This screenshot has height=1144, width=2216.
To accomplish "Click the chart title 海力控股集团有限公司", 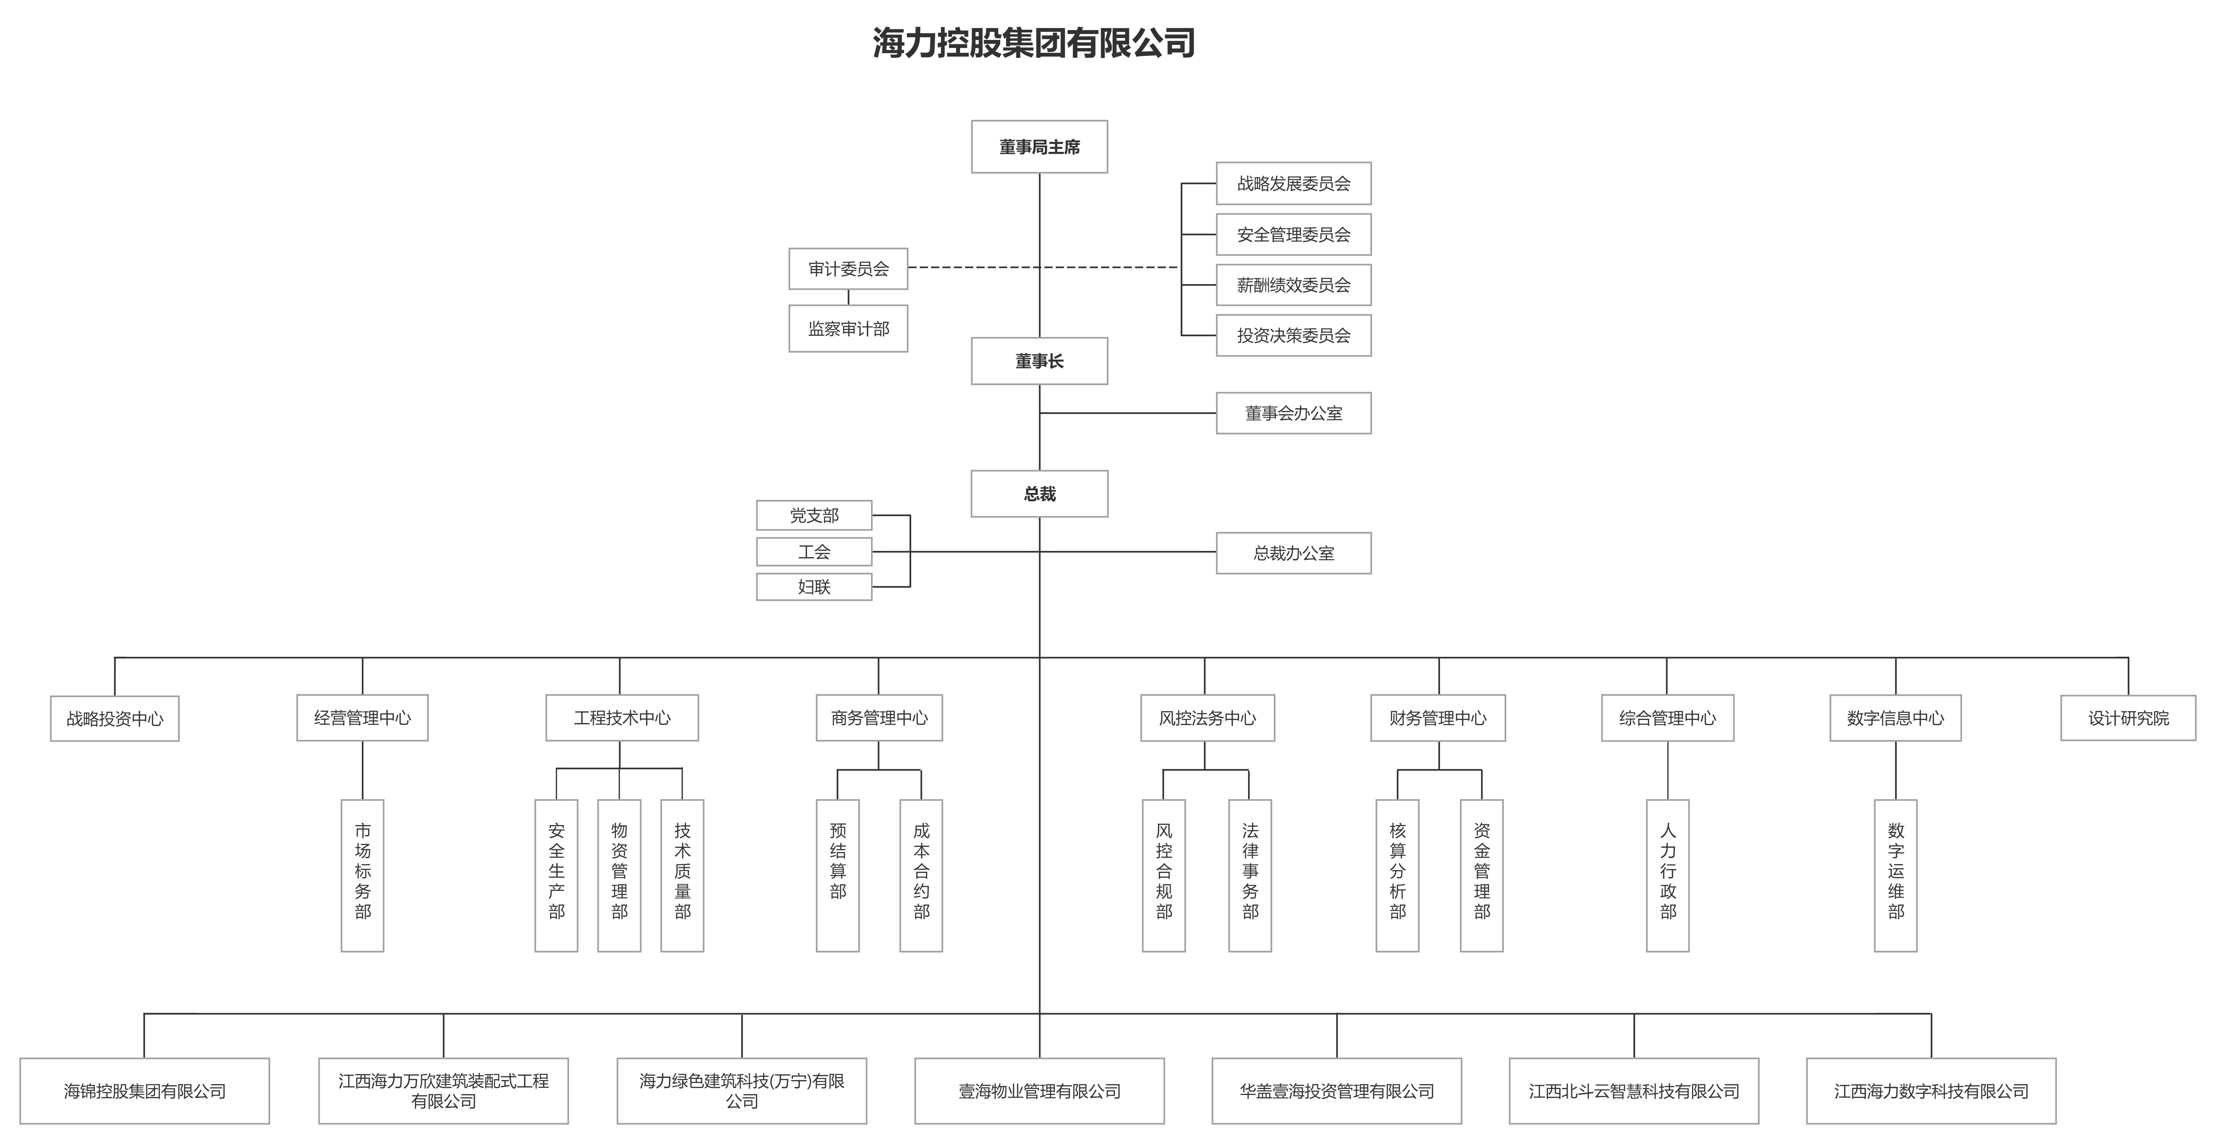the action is (1034, 43).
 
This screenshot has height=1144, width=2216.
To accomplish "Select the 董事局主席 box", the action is (1039, 147).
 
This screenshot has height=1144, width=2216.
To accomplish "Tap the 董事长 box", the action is (1039, 361).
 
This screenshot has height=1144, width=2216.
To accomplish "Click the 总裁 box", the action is (1039, 494).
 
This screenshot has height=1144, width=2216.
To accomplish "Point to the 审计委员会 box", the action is (848, 269).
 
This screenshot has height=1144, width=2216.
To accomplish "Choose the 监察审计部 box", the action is (848, 329).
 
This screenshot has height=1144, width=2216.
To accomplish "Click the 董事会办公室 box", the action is (1293, 413).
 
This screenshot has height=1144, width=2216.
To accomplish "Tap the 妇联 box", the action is (814, 587).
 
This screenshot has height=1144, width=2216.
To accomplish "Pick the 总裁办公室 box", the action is (1293, 553).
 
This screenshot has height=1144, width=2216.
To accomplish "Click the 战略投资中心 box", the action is (114, 718).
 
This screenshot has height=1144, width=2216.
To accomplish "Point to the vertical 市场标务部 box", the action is (362, 876).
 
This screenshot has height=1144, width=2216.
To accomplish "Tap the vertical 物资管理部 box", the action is (619, 876).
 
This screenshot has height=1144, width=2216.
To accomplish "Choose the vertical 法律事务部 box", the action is (1250, 876).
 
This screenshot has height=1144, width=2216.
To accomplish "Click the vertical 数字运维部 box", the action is (1896, 876).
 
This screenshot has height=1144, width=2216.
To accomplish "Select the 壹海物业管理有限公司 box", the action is (1039, 1091).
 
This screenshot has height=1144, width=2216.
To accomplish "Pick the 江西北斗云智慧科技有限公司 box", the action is (1634, 1091).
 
